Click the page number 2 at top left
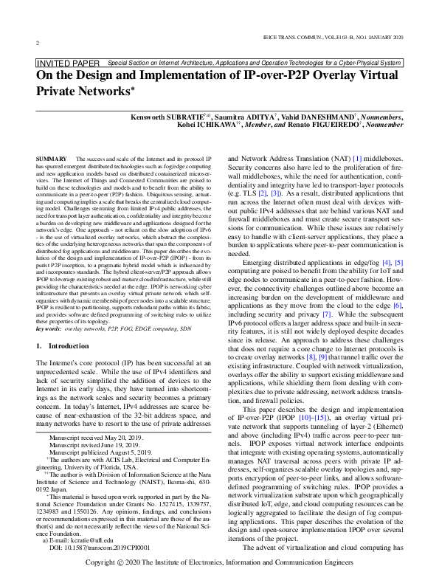38,43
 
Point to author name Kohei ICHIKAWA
227,125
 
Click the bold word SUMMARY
52,159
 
